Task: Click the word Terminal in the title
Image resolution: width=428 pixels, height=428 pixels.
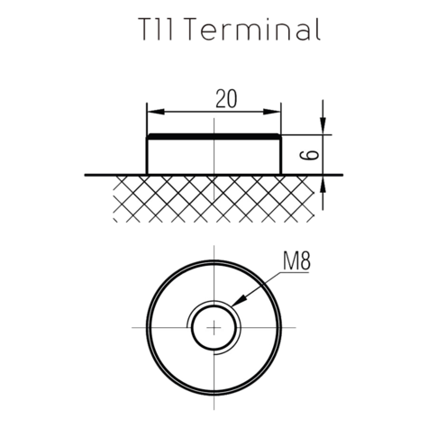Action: click(257, 29)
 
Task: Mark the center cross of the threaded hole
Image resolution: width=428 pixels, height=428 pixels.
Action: click(214, 328)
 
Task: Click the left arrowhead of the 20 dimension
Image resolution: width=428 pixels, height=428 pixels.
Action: click(153, 112)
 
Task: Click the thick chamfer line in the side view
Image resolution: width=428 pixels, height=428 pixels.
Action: click(214, 136)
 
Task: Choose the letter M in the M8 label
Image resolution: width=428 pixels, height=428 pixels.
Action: click(287, 264)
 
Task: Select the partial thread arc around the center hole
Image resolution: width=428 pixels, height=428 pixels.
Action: click(192, 324)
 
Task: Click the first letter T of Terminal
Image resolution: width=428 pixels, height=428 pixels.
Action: click(201, 29)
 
